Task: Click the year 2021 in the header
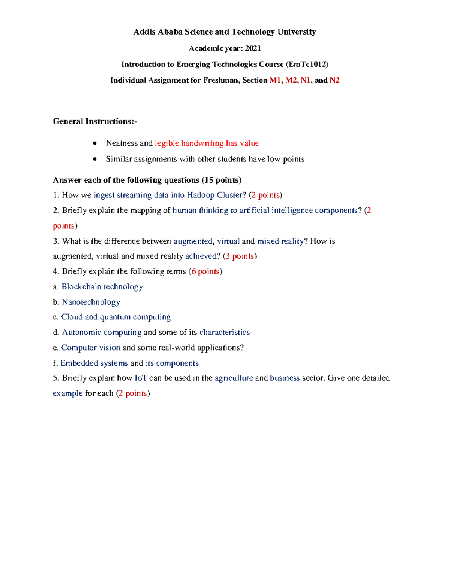point(253,48)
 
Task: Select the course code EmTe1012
point(307,65)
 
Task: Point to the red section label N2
point(334,80)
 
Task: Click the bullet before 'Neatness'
point(95,143)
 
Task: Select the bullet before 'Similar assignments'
point(95,159)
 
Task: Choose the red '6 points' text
point(205,271)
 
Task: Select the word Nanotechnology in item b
point(91,302)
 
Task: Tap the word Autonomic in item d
point(81,333)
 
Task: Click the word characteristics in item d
point(225,333)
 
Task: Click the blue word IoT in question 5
point(141,378)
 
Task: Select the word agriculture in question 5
point(234,378)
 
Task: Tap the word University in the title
point(297,32)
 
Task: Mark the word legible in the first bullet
point(166,143)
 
